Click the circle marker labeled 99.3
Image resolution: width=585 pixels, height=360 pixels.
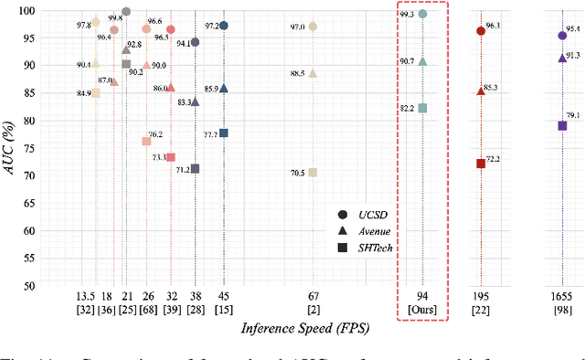(x=422, y=15)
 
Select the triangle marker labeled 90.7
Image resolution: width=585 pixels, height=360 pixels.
(x=422, y=61)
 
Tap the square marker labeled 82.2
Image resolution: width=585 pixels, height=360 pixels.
(x=422, y=108)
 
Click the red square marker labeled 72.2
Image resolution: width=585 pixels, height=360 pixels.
(x=481, y=164)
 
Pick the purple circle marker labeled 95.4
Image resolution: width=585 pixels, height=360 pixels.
(x=562, y=36)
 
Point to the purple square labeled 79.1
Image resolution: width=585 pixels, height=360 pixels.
(x=562, y=125)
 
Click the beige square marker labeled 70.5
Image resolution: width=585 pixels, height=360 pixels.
(x=313, y=172)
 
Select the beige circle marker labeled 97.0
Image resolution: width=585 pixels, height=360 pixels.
(x=313, y=26)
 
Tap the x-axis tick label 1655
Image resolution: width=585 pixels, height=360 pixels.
(x=561, y=297)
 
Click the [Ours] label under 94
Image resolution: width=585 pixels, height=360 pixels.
(x=422, y=311)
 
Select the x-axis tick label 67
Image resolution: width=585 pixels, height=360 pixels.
(x=313, y=297)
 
